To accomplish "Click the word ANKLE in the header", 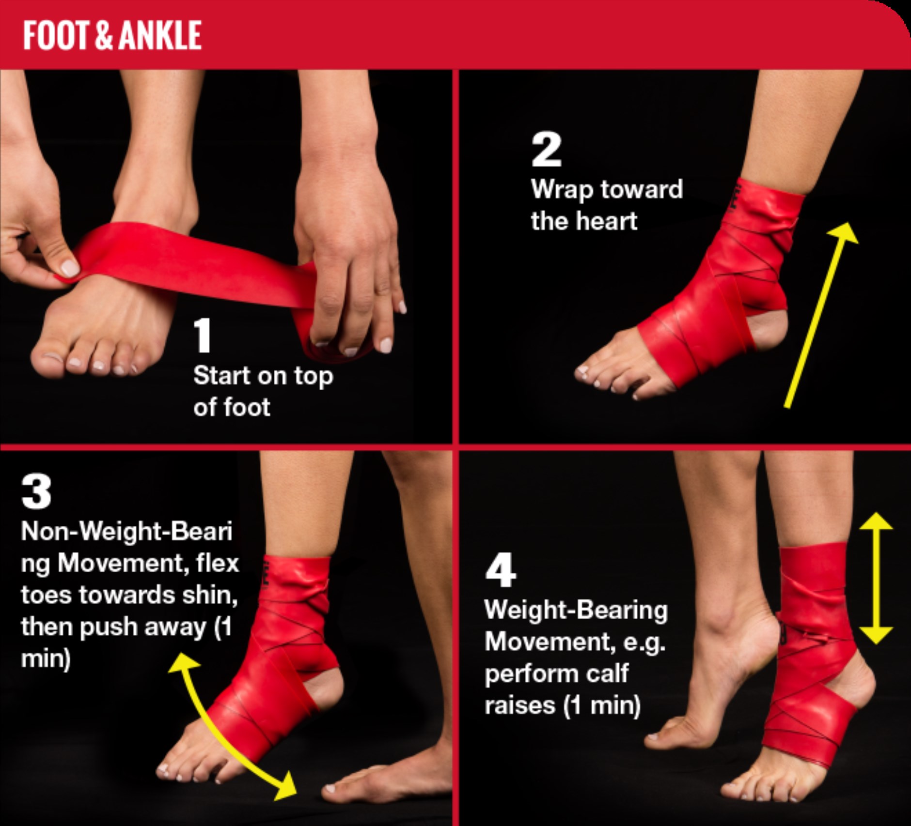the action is pyautogui.click(x=160, y=35).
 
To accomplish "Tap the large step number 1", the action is pyautogui.click(x=203, y=336).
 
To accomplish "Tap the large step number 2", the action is pyautogui.click(x=546, y=150).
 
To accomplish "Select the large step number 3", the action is pyautogui.click(x=36, y=491).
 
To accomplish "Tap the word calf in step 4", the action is pyautogui.click(x=608, y=673).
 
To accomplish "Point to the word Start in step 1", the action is pyautogui.click(x=221, y=375).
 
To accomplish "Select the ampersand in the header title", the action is pyautogui.click(x=105, y=35).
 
